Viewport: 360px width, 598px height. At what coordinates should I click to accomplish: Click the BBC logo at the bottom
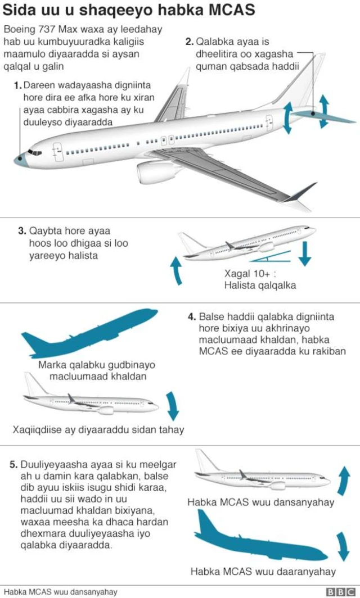(340, 592)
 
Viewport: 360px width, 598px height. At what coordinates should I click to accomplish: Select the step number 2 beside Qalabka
(190, 41)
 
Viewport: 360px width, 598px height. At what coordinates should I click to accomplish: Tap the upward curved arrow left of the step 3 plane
(177, 270)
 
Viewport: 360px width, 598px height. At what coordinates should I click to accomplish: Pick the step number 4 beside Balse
(192, 317)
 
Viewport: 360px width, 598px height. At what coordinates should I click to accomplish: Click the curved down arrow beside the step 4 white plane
(173, 406)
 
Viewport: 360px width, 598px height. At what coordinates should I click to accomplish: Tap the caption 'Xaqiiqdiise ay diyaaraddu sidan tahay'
(98, 430)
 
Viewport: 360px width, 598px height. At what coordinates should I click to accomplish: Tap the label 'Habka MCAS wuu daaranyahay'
(263, 572)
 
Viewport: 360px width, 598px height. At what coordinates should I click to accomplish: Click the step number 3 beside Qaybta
(22, 231)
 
